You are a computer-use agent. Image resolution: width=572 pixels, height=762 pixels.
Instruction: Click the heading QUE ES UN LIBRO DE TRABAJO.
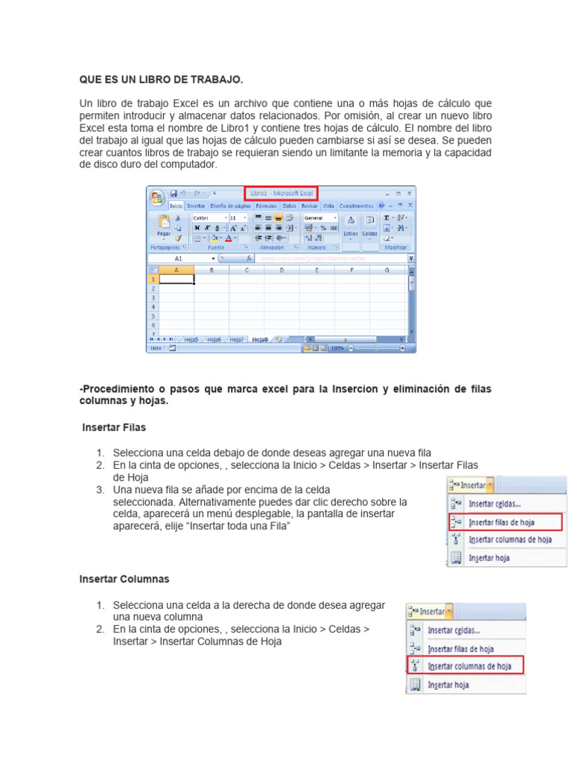coord(161,79)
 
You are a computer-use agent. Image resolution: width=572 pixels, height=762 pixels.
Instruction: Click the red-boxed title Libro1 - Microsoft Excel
coord(281,193)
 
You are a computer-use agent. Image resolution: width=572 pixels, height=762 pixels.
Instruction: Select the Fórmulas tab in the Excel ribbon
coord(266,205)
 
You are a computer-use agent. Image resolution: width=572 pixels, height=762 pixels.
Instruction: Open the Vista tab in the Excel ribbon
coord(328,205)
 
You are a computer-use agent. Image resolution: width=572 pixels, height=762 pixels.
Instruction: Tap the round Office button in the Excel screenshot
coord(157,198)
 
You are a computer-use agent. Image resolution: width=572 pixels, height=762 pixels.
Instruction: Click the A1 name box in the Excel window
coord(179,258)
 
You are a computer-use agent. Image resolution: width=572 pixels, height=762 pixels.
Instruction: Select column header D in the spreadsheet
coord(282,270)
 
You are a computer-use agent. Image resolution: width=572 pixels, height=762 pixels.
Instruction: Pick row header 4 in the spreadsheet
coord(153,307)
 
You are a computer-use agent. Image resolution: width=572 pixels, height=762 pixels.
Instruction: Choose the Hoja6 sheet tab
coord(213,339)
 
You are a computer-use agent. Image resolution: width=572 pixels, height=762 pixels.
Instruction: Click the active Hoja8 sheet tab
coord(259,339)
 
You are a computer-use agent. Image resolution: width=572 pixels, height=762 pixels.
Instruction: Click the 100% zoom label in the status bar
coord(337,348)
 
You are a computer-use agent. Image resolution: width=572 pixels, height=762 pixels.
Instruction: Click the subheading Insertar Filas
coord(114,428)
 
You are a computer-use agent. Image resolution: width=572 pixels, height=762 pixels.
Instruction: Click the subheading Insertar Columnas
coord(124,578)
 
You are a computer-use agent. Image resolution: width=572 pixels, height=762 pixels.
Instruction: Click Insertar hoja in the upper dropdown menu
coord(489,557)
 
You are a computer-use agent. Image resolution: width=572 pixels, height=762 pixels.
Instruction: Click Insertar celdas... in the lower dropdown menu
coord(453,630)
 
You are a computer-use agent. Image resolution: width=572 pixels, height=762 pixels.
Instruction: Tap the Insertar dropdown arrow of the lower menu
coord(448,612)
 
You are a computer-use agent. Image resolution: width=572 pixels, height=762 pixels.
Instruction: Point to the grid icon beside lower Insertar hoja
coord(414,685)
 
